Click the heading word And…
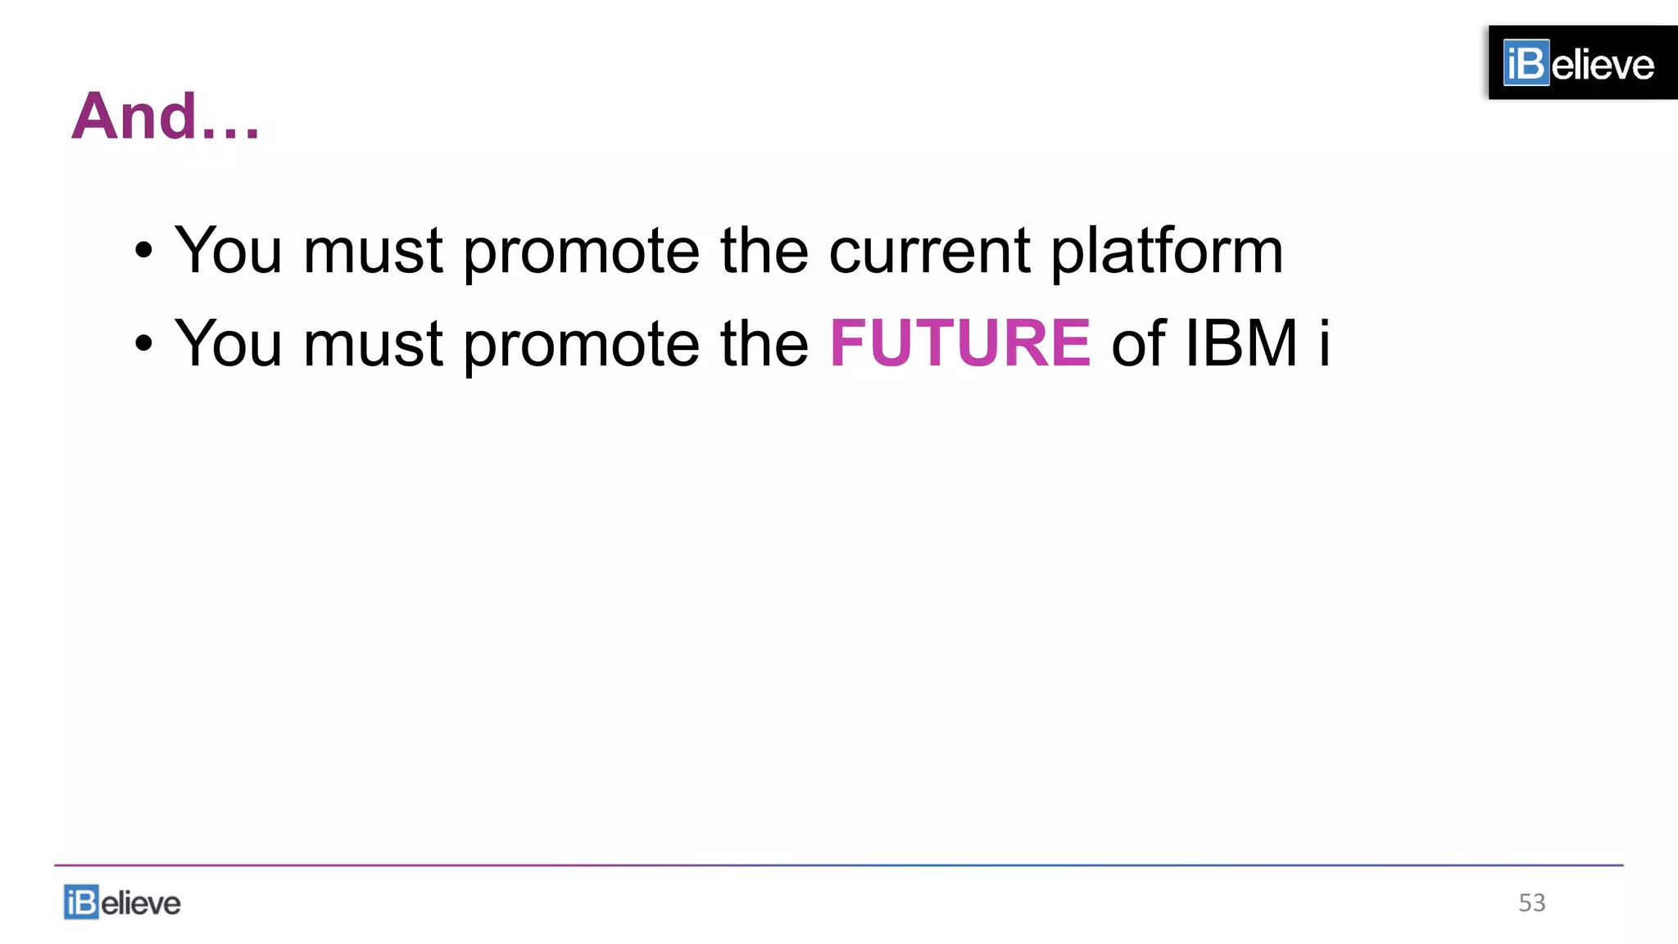tap(165, 117)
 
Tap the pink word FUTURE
tap(959, 343)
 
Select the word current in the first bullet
tap(929, 250)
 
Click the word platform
tap(1167, 252)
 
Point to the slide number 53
tap(1531, 902)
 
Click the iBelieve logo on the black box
tap(1579, 63)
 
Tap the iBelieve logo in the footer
tap(122, 902)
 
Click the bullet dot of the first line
tap(143, 252)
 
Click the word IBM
tap(1241, 343)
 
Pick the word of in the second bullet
tap(1138, 343)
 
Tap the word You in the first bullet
tap(229, 250)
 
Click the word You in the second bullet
tap(229, 343)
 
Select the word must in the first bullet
tap(373, 252)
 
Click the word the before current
tap(764, 250)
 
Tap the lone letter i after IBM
tap(1323, 343)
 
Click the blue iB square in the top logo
tap(1526, 63)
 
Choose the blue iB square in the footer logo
tap(81, 902)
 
